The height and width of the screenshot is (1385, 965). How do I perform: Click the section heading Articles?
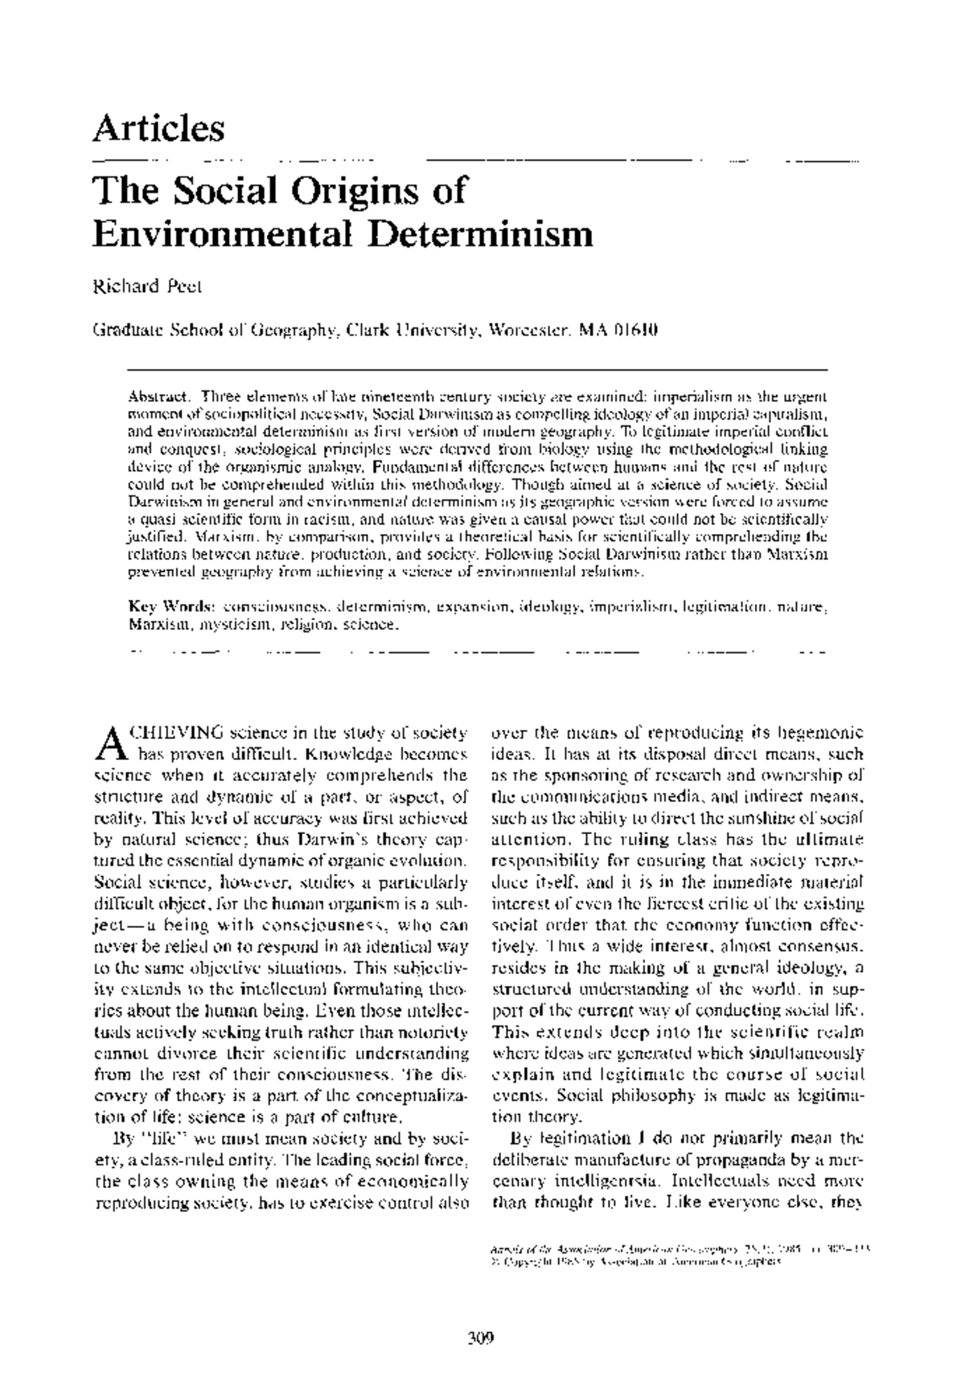[159, 129]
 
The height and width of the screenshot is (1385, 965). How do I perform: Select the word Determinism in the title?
[480, 233]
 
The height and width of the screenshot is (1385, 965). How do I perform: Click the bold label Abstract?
[158, 397]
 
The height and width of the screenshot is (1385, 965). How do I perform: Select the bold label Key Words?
[171, 606]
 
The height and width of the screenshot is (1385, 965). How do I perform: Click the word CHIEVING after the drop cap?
[175, 734]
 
